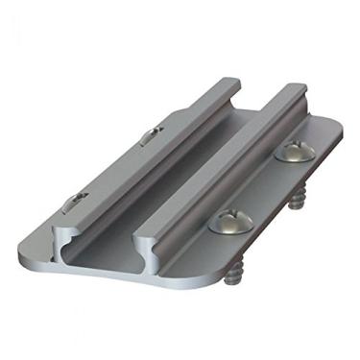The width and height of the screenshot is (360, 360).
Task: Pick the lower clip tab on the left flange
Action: tap(75, 203)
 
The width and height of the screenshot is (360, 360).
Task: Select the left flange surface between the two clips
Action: tap(106, 173)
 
